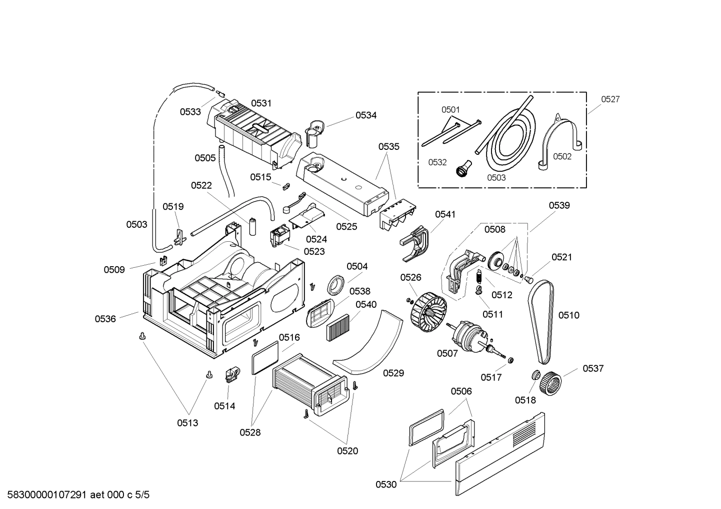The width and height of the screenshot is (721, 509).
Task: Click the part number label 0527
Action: point(610,99)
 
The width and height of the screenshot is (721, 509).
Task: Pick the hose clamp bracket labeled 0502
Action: point(560,140)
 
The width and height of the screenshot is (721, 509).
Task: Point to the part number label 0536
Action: point(105,319)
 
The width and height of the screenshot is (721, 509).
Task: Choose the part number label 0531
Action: point(261,103)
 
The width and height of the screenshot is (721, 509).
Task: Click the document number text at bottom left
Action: point(75,495)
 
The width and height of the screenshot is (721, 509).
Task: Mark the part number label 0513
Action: point(187,423)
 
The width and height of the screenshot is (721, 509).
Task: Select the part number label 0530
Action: point(386,485)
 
